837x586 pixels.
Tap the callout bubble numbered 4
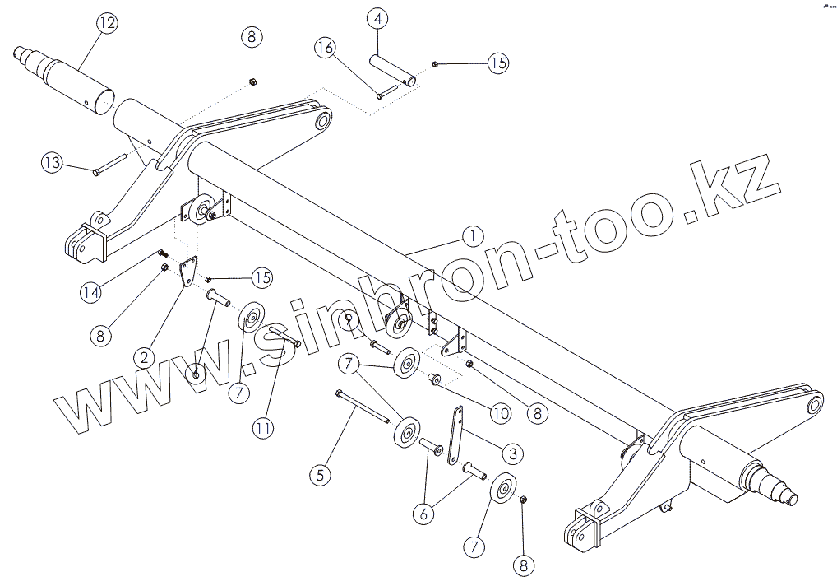tap(377, 17)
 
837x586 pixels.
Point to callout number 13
tap(53, 163)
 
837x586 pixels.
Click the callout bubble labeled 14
tap(91, 291)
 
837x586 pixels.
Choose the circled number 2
tap(144, 356)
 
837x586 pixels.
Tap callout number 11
tap(262, 427)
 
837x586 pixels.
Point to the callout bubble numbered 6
tap(423, 514)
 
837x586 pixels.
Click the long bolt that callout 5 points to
tap(362, 407)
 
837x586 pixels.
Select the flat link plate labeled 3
tap(455, 435)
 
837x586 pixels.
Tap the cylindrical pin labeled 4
tap(391, 70)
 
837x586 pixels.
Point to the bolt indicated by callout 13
tap(109, 163)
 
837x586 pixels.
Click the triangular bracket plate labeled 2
tap(188, 272)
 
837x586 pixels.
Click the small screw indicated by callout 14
tap(161, 254)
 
